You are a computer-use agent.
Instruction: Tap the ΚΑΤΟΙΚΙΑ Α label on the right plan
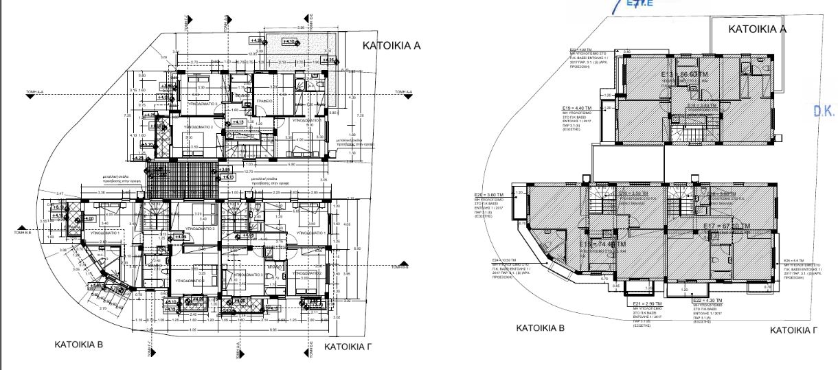coord(757,30)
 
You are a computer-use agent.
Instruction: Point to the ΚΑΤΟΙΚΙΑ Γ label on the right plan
coord(793,331)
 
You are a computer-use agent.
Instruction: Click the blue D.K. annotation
coord(823,111)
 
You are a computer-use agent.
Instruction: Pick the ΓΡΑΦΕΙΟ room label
coord(265,101)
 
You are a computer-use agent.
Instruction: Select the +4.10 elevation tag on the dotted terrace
coord(289,43)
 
